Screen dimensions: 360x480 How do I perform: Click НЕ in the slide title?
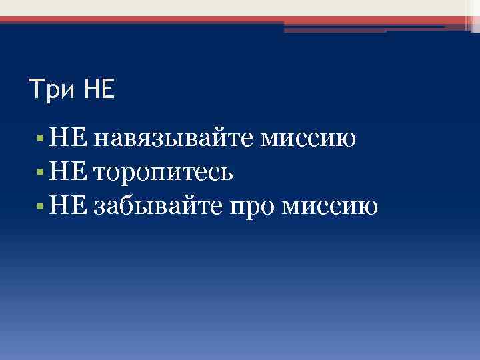click(99, 89)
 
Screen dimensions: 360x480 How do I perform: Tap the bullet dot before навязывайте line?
click(41, 140)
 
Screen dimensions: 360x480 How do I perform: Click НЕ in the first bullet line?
click(69, 139)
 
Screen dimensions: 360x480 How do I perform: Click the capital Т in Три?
click(36, 89)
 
